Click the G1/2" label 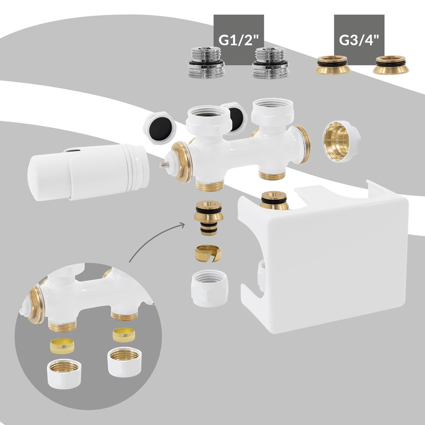[239, 40]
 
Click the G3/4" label [359, 40]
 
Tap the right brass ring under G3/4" [391, 65]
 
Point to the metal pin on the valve [163, 164]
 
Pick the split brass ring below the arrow [208, 253]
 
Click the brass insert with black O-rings [208, 219]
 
